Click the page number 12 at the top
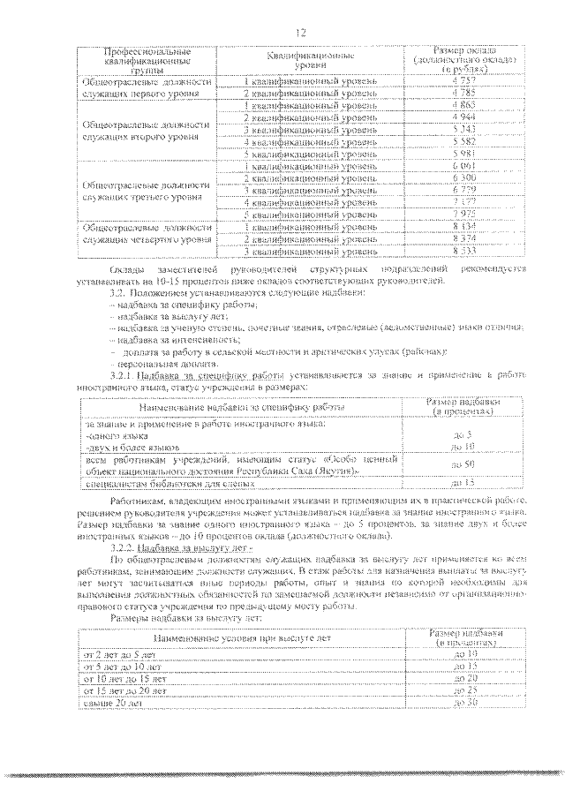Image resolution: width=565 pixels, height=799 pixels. pyautogui.click(x=301, y=33)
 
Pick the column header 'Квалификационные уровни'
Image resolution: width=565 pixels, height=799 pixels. pyautogui.click(x=310, y=60)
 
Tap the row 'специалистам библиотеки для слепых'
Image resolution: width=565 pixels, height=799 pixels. pyautogui.click(x=154, y=483)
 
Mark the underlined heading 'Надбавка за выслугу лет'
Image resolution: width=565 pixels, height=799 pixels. pyautogui.click(x=194, y=547)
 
